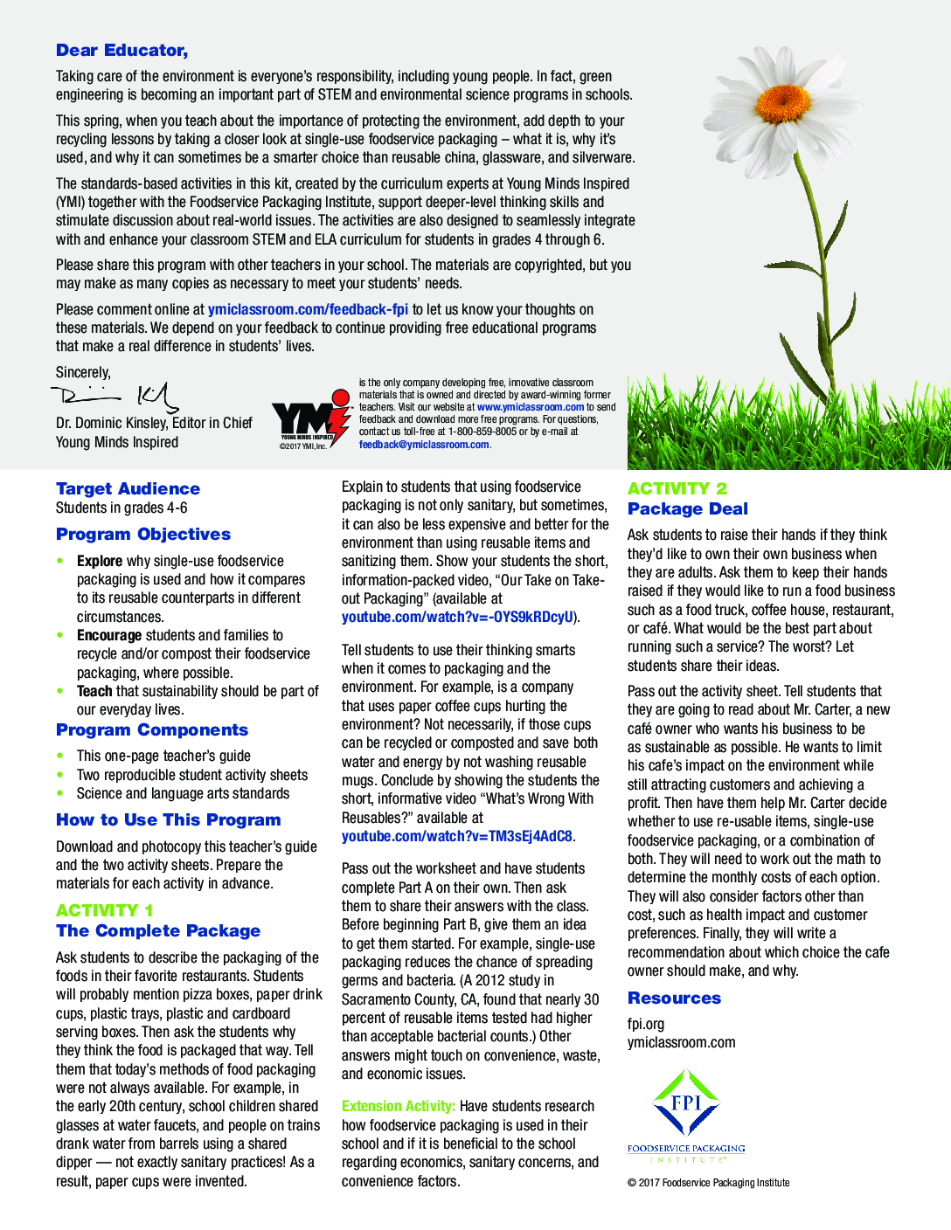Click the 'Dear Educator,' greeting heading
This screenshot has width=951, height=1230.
pos(121,51)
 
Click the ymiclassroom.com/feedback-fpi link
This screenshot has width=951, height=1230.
pos(308,309)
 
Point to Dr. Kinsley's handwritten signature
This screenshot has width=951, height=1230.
pos(115,397)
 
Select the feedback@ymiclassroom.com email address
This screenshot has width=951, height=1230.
pos(424,445)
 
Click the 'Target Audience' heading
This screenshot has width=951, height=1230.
pos(128,488)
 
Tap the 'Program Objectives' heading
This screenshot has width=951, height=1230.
pos(143,534)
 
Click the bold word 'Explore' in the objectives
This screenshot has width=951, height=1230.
pos(100,561)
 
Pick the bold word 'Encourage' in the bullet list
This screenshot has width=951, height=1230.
pos(109,635)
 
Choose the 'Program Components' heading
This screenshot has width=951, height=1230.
pos(152,729)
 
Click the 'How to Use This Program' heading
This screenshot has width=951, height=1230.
pos(169,819)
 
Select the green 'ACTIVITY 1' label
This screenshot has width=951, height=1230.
pos(105,910)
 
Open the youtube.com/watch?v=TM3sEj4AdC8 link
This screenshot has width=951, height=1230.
pos(457,836)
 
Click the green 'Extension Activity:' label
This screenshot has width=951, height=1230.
pos(399,1106)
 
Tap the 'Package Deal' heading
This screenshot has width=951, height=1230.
pos(688,508)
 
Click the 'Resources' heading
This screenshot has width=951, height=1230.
pos(674,998)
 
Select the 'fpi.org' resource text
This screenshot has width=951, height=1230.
pos(646,1024)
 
